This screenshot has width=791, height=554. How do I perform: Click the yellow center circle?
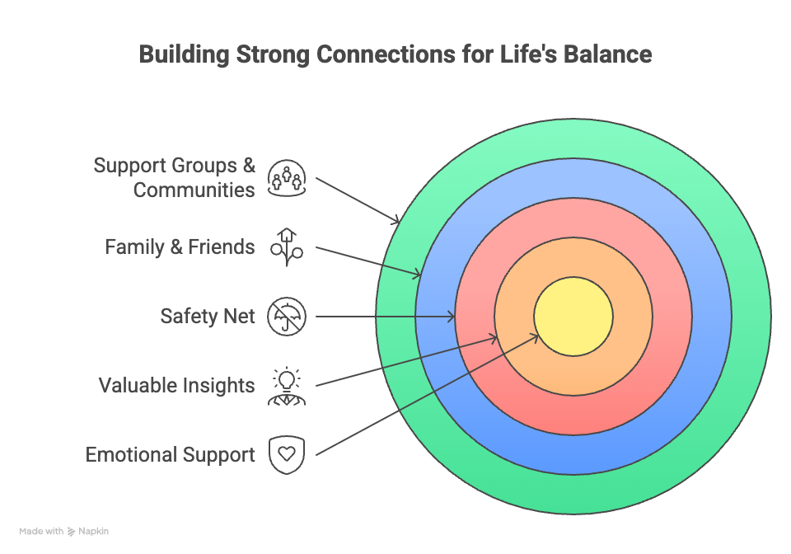[x=573, y=317]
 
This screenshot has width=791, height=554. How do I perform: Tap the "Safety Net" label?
[x=208, y=316]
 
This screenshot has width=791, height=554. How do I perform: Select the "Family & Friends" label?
[x=180, y=246]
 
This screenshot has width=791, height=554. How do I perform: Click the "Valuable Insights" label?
[x=176, y=385]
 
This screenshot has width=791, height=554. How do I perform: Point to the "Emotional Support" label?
[x=170, y=454]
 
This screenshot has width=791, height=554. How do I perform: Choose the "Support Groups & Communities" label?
[x=175, y=177]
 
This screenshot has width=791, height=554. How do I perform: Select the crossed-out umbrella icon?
[x=287, y=316]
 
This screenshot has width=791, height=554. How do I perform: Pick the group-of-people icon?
[x=287, y=177]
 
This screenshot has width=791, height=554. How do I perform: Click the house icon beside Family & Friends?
[x=287, y=246]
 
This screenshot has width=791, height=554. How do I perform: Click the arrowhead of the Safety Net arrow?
[x=452, y=317]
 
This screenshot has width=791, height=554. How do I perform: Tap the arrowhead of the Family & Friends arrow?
[x=420, y=275]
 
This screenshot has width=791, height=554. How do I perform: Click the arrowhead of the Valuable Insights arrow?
[x=494, y=336]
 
